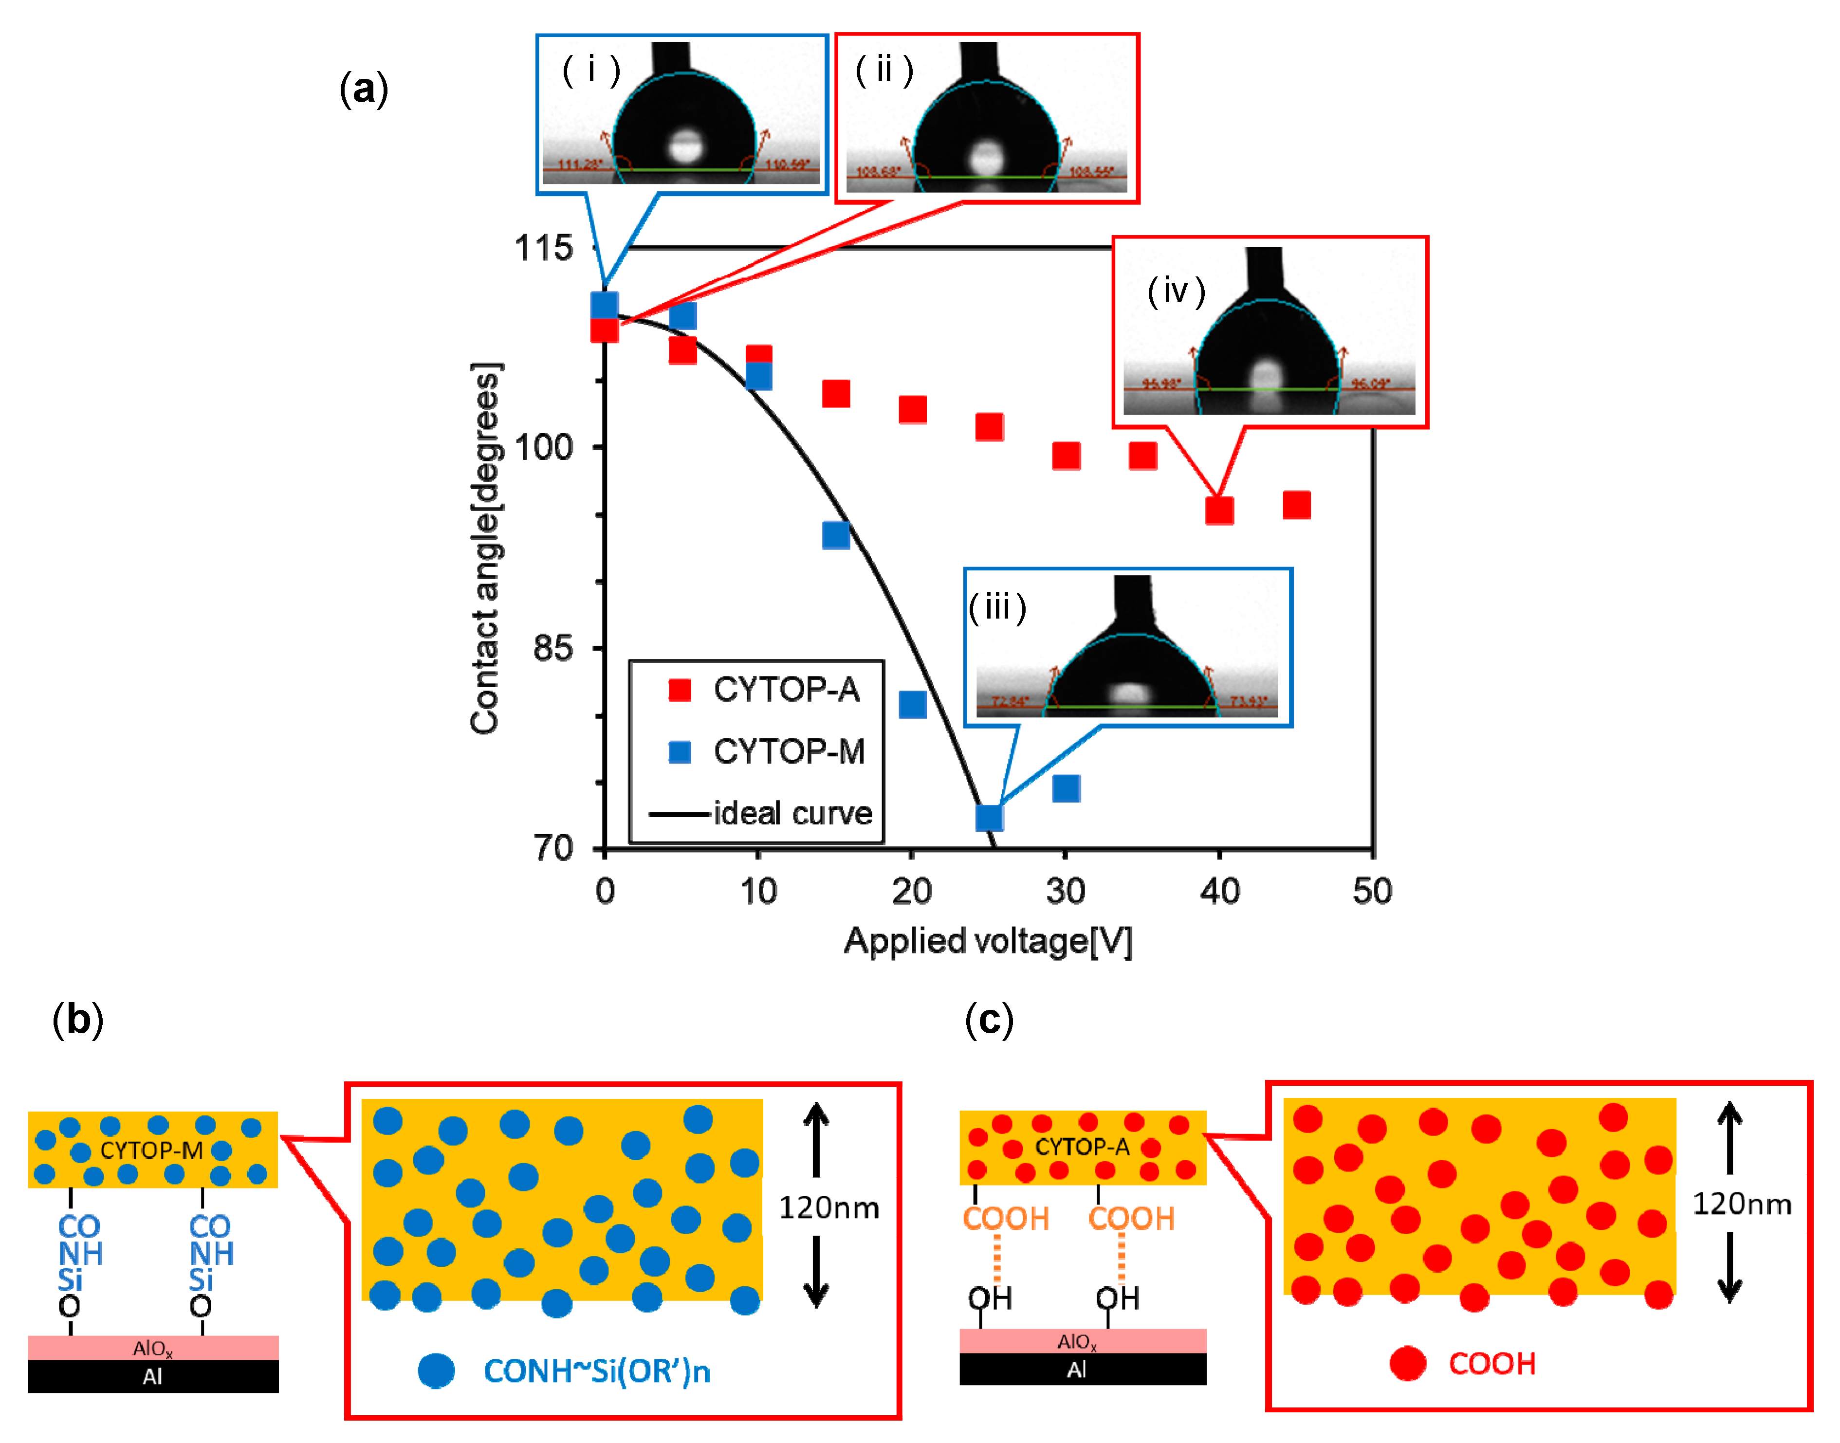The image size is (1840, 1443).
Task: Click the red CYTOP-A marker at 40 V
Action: (1219, 511)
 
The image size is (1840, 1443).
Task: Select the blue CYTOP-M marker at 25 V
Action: (989, 817)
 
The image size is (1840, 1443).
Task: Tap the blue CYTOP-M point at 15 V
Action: (835, 535)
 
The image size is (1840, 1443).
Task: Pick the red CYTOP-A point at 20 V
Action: (912, 410)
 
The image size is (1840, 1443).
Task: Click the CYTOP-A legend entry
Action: (786, 690)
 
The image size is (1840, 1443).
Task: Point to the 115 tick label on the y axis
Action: (543, 248)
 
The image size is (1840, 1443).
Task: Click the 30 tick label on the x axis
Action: (1066, 891)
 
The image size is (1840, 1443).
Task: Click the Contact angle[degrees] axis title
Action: (486, 549)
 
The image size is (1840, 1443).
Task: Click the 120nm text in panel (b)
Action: (829, 1207)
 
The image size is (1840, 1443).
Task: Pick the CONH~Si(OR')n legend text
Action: (596, 1371)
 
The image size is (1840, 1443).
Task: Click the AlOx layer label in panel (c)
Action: (1076, 1342)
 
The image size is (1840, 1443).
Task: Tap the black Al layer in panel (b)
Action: (153, 1376)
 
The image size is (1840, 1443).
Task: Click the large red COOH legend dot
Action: (1407, 1364)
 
